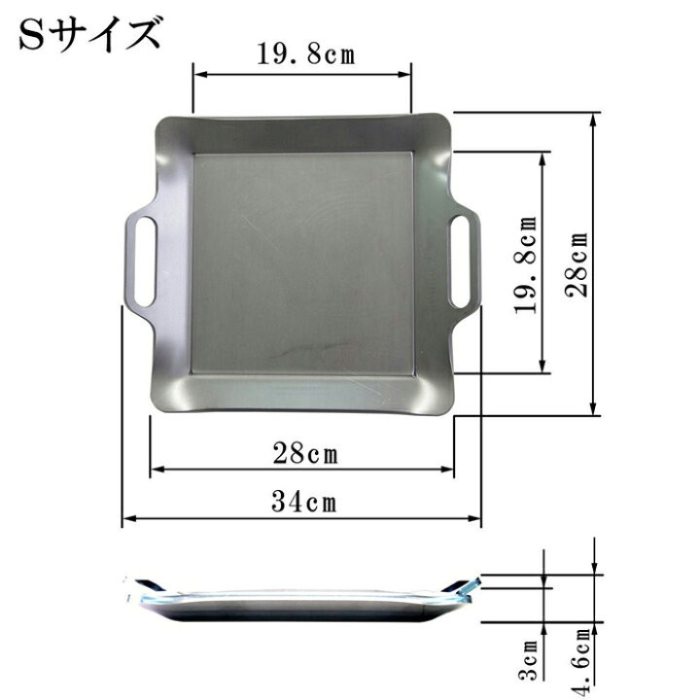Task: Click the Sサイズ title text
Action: (x=89, y=33)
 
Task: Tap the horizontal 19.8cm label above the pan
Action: (x=306, y=54)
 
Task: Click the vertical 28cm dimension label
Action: (x=577, y=264)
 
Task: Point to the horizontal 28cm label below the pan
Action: (x=305, y=453)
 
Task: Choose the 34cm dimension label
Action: (x=304, y=501)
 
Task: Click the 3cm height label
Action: (x=530, y=660)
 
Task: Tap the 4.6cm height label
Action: (x=581, y=662)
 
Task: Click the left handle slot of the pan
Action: (x=145, y=262)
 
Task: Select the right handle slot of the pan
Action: (x=461, y=262)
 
